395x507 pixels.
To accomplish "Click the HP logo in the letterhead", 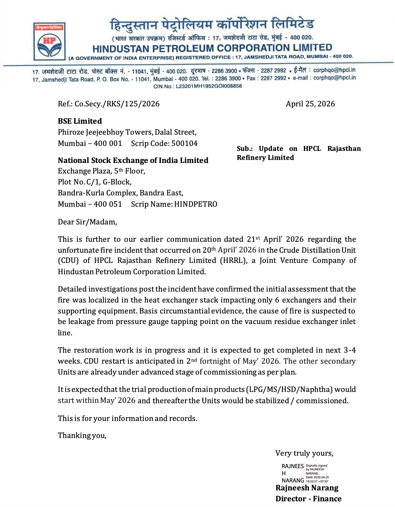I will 49,41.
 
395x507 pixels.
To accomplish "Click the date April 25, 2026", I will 310,104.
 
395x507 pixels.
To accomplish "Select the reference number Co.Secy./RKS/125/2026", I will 117,104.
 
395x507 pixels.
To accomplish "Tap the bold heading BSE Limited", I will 80,121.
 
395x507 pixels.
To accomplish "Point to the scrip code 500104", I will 184,144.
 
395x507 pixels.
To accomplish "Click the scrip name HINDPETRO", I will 196,204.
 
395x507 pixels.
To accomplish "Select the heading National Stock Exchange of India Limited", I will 133,160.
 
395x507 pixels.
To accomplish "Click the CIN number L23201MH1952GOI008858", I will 209,86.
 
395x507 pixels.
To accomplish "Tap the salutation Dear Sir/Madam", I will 87,222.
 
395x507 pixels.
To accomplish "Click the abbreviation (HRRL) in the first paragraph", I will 234,261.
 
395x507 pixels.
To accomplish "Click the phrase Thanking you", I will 82,436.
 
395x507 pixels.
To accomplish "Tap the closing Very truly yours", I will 304,453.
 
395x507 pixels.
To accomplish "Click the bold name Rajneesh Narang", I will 307,488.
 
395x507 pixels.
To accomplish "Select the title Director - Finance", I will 308,499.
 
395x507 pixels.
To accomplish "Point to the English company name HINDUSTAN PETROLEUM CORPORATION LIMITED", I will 212,48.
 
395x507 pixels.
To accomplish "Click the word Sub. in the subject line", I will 245,149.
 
